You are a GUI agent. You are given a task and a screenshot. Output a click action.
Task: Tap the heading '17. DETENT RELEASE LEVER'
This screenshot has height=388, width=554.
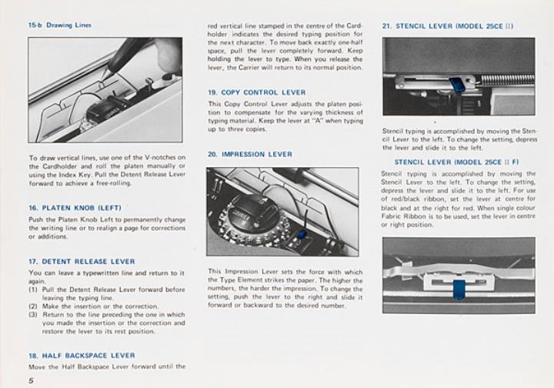pyautogui.click(x=82, y=262)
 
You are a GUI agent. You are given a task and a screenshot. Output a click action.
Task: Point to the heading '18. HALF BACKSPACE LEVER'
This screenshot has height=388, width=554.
pyautogui.click(x=82, y=356)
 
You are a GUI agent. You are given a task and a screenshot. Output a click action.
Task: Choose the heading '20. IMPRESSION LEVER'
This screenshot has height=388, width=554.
pyautogui.click(x=249, y=154)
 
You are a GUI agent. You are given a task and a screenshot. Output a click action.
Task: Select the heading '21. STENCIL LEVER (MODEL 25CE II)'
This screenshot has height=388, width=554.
pyautogui.click(x=448, y=25)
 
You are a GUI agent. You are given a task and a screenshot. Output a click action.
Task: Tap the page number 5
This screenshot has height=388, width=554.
pyautogui.click(x=32, y=380)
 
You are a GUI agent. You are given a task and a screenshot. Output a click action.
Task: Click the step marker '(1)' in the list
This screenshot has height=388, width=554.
pyautogui.click(x=34, y=289)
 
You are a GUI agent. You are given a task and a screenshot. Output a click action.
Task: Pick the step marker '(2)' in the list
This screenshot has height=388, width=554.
pyautogui.click(x=34, y=306)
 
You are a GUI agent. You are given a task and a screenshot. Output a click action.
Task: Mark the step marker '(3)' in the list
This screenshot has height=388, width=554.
pyautogui.click(x=34, y=315)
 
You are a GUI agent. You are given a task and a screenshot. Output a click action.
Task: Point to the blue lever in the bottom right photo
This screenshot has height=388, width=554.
pyautogui.click(x=459, y=290)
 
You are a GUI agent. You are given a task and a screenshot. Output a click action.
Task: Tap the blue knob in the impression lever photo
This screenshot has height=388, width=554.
pyautogui.click(x=301, y=233)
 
